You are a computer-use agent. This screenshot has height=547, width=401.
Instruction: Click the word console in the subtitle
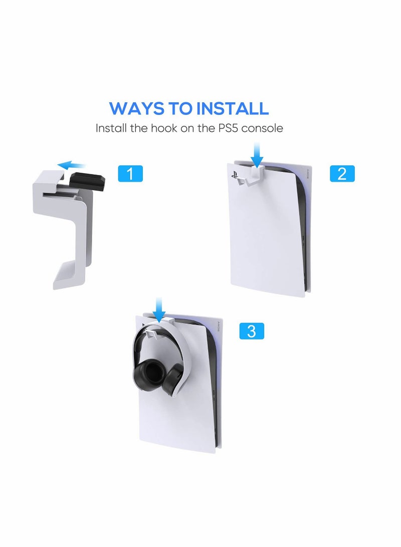pyautogui.click(x=263, y=128)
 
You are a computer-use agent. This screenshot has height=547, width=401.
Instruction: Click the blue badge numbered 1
pyautogui.click(x=130, y=173)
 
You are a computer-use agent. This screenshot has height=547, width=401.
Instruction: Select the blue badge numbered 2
pyautogui.click(x=342, y=173)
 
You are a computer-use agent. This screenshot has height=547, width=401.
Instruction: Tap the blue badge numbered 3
pyautogui.click(x=252, y=331)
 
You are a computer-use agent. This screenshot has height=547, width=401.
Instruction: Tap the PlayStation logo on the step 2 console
pyautogui.click(x=234, y=176)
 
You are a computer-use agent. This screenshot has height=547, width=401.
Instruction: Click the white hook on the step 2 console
pyautogui.click(x=255, y=175)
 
